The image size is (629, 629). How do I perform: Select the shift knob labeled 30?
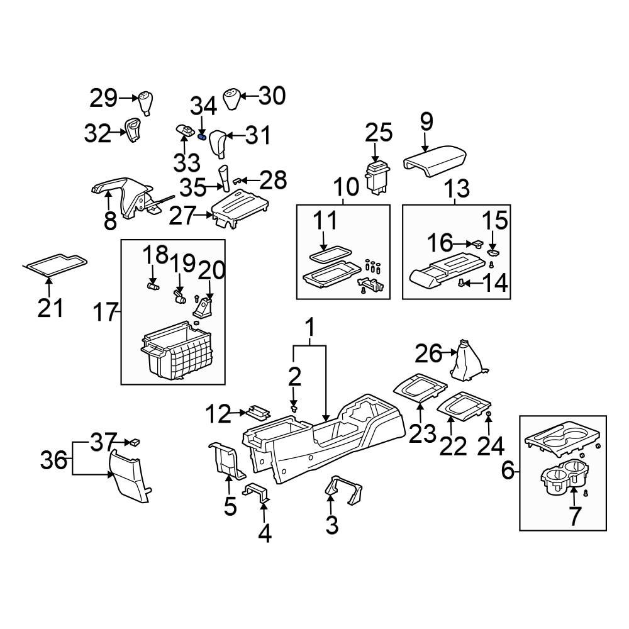pos(232,99)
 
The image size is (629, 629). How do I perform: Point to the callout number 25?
pos(379,133)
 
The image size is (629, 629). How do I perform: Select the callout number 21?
pos(50,308)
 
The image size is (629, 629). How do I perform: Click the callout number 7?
pos(574,516)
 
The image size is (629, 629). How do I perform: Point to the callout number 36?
pos(54,460)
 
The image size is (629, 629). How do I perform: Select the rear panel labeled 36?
pos(130,475)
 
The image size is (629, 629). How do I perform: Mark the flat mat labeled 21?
pos(55,263)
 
